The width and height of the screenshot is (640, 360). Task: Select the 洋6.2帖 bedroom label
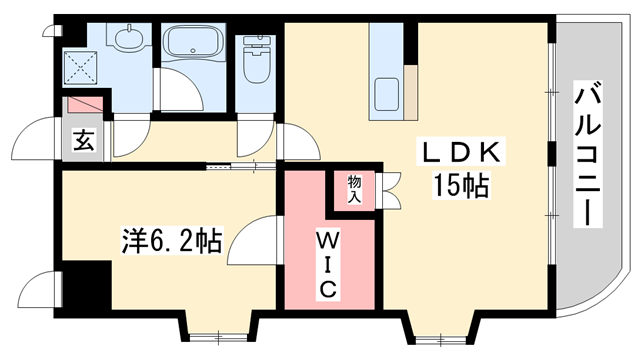(x=171, y=240)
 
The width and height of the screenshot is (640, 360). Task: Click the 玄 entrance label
(x=83, y=141)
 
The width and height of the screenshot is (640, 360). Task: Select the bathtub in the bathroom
(x=195, y=45)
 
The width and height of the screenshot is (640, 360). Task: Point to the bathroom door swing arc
(x=180, y=95)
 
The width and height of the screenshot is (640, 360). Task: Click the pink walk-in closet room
(x=329, y=245)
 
